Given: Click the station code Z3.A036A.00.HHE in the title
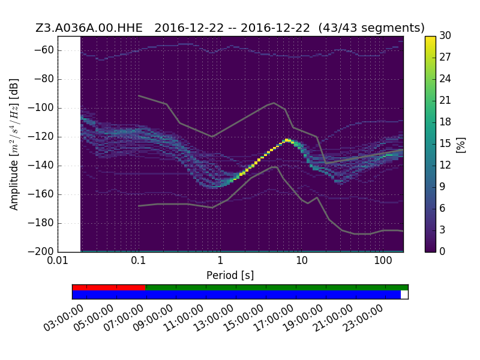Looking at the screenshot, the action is pyautogui.click(x=89, y=28).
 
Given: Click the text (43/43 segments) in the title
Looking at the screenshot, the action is pyautogui.click(x=371, y=28).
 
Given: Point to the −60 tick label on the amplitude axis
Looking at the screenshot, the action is pyautogui.click(x=44, y=50).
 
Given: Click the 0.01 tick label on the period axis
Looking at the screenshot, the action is pyautogui.click(x=58, y=261).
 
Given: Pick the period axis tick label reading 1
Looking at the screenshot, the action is pyautogui.click(x=220, y=261).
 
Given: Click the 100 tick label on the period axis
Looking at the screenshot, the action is pyautogui.click(x=383, y=261).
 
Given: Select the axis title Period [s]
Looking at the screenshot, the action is pyautogui.click(x=230, y=275).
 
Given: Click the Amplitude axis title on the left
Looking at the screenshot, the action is pyautogui.click(x=14, y=145).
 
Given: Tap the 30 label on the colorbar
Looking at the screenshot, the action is pyautogui.click(x=445, y=35).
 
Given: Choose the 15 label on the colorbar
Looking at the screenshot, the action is pyautogui.click(x=445, y=143).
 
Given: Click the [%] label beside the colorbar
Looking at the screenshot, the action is pyautogui.click(x=461, y=145).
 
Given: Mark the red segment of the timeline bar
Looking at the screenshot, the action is pyautogui.click(x=109, y=287).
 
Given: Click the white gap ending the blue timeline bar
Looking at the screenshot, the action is pyautogui.click(x=404, y=295).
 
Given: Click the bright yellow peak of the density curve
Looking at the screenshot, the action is pyautogui.click(x=287, y=140).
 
